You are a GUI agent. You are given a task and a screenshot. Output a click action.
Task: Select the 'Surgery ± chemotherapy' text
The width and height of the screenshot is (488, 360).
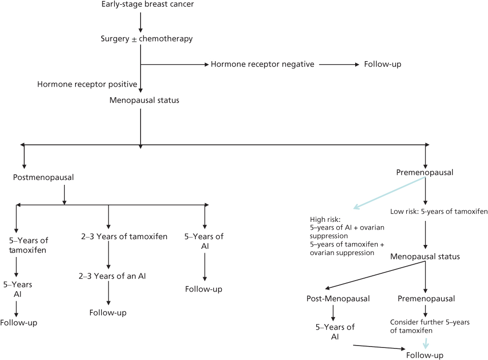tap(146, 39)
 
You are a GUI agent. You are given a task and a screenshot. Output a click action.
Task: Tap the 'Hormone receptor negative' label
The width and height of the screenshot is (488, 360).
tap(262, 64)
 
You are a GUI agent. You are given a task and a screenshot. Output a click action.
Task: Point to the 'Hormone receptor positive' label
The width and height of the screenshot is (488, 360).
tap(87, 85)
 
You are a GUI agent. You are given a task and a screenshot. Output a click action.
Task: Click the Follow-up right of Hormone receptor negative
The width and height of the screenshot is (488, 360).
tap(383, 64)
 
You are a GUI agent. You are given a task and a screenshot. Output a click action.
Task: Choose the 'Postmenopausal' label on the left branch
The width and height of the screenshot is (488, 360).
tap(43, 177)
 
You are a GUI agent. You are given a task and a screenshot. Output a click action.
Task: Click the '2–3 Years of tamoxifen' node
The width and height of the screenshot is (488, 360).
tap(124, 236)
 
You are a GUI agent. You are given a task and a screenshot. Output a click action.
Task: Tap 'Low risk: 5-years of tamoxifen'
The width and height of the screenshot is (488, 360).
tap(439, 211)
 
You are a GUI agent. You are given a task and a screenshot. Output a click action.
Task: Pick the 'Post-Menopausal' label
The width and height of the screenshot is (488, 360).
tap(338, 299)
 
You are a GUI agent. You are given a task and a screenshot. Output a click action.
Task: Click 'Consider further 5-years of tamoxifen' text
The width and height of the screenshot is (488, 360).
tap(430, 326)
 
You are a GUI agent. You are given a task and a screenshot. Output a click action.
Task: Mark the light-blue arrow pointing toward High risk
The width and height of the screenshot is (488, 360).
tap(389, 193)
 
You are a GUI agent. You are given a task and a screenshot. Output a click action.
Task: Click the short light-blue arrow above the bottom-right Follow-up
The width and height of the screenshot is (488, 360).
tap(425, 343)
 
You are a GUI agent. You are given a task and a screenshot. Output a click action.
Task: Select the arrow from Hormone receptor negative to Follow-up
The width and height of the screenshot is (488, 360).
tap(339, 64)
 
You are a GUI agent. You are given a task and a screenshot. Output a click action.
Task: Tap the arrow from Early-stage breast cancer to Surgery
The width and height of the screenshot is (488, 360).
tap(140, 21)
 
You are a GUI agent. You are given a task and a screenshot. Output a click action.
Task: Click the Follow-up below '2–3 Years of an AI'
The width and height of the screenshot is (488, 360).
tap(108, 313)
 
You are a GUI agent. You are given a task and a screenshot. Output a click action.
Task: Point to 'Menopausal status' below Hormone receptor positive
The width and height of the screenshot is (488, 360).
tap(144, 101)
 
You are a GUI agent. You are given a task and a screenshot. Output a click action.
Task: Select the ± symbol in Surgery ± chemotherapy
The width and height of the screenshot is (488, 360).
tap(134, 39)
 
